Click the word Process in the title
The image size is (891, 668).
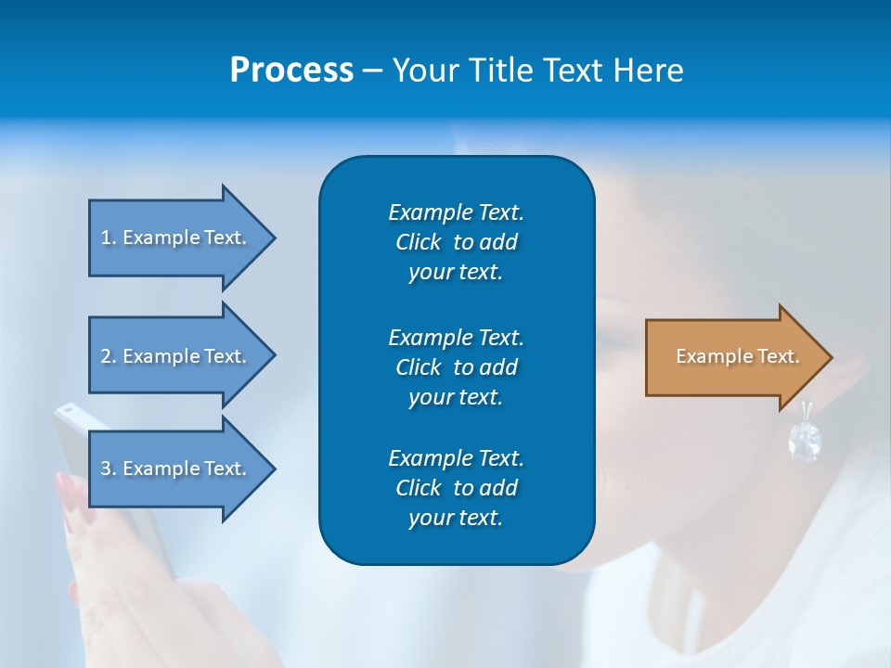(291, 71)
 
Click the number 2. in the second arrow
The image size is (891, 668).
(109, 356)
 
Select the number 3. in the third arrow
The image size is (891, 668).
(109, 469)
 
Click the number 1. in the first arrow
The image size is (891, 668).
(109, 238)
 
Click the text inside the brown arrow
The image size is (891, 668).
(738, 356)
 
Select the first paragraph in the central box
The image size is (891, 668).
(456, 242)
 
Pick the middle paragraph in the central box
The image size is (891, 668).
(456, 366)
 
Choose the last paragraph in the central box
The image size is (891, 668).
(456, 488)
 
